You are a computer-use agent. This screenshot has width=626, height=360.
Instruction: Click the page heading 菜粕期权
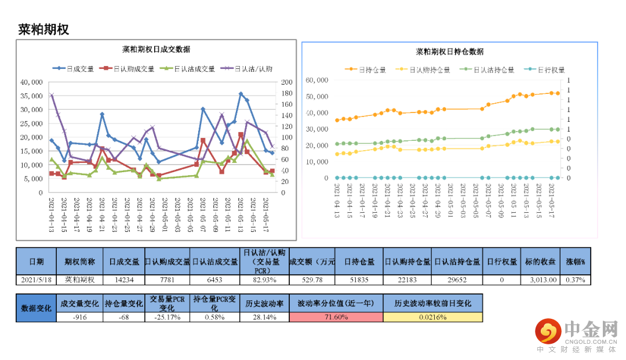click(x=44, y=30)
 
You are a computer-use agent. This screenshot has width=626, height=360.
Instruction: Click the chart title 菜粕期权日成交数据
click(x=156, y=49)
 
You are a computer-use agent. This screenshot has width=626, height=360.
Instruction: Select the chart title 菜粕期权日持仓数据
click(x=450, y=52)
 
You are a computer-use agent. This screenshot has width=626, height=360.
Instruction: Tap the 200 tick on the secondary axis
click(x=286, y=82)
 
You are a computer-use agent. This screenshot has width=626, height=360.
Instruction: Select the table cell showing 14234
click(x=124, y=279)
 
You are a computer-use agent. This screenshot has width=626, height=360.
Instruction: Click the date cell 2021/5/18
click(x=36, y=279)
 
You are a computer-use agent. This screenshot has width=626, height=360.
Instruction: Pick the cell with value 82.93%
click(x=264, y=279)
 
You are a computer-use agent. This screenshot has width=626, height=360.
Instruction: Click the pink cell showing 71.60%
click(x=336, y=317)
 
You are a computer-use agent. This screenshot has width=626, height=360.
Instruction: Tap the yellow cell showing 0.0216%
click(x=432, y=317)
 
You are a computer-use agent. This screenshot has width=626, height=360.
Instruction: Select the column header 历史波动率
click(x=264, y=303)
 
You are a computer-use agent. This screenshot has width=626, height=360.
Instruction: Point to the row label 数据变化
click(x=36, y=308)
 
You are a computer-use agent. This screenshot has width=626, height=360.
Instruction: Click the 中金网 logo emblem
click(x=547, y=331)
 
